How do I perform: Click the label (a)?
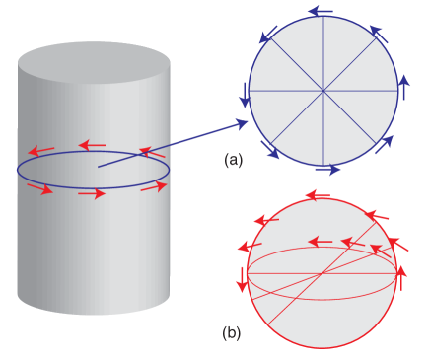click(x=234, y=161)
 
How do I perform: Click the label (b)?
click(x=232, y=333)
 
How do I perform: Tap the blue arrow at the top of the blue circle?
click(x=319, y=12)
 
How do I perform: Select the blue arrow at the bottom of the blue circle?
click(x=328, y=170)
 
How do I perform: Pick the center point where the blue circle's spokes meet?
click(x=323, y=91)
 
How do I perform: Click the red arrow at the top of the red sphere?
click(x=319, y=196)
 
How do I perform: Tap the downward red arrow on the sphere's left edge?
click(x=241, y=278)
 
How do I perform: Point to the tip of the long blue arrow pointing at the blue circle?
click(x=247, y=123)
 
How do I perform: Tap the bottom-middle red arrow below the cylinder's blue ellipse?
click(x=91, y=193)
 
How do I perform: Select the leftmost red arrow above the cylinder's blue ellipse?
click(x=41, y=151)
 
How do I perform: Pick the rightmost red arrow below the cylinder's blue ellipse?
click(x=154, y=186)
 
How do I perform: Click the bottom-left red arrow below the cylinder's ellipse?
click(x=41, y=187)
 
